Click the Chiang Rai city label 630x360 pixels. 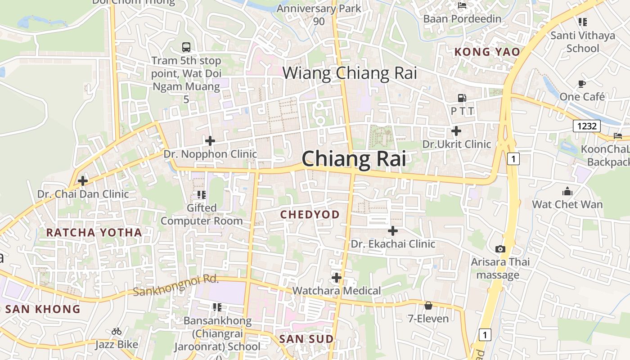click(x=354, y=159)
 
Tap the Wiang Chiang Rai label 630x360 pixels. click(x=350, y=73)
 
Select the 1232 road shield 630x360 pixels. click(x=587, y=126)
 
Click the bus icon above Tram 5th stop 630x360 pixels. click(x=186, y=47)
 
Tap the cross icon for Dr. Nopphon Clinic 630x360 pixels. click(x=210, y=141)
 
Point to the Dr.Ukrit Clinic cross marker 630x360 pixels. click(x=456, y=131)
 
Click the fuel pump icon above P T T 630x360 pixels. click(x=462, y=98)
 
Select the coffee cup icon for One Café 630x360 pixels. click(x=582, y=84)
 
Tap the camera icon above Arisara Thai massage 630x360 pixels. click(x=500, y=249)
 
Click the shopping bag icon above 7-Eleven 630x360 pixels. click(x=428, y=306)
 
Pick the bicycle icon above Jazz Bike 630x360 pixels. click(x=117, y=332)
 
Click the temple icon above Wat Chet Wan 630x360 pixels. click(x=567, y=191)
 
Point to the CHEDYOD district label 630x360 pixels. click(x=310, y=215)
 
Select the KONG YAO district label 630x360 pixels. click(x=487, y=52)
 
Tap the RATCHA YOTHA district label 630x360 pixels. click(x=94, y=233)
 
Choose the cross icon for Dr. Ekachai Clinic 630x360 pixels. click(x=393, y=231)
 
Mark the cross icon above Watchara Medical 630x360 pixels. click(x=336, y=277)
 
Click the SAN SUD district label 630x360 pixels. click(x=306, y=339)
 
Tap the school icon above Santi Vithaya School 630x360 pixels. click(x=583, y=22)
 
